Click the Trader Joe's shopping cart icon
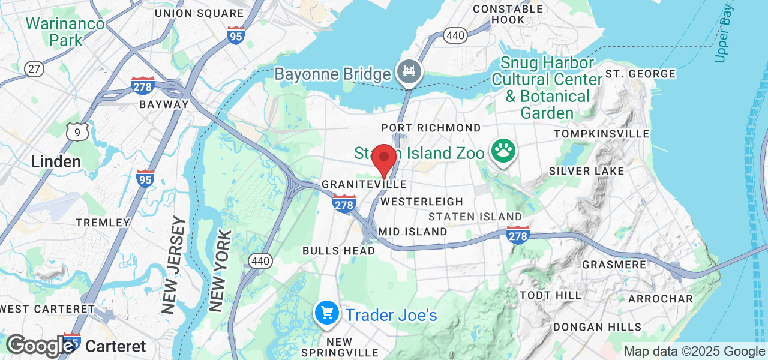click(327, 313)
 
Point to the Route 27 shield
click(34, 68)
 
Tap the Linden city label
click(56, 161)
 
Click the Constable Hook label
click(508, 14)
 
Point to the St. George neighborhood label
click(640, 74)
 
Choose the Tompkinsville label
click(602, 133)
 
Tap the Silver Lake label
click(586, 171)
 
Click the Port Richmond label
click(431, 128)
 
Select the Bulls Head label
click(338, 250)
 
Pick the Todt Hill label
click(550, 295)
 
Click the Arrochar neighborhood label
click(661, 298)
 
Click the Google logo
click(40, 346)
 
